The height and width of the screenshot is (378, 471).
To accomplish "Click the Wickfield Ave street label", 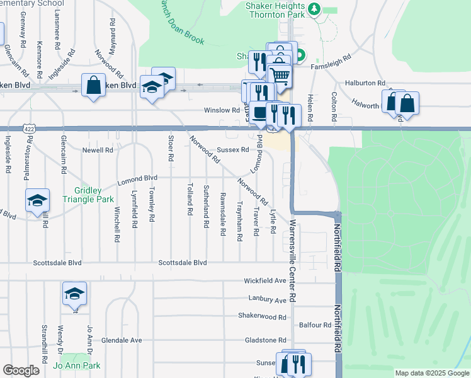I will pyautogui.click(x=266, y=280).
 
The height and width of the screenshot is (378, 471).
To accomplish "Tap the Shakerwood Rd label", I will pyautogui.click(x=262, y=316).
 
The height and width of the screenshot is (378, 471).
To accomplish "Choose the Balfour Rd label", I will pyautogui.click(x=315, y=325).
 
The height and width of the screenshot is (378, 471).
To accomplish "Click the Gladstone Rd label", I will pyautogui.click(x=265, y=340).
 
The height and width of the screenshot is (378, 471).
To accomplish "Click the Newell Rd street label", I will pyautogui.click(x=98, y=150).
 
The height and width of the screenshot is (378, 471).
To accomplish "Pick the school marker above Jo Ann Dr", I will pyautogui.click(x=74, y=293).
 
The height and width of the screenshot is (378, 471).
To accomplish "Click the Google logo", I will pyautogui.click(x=21, y=370).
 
